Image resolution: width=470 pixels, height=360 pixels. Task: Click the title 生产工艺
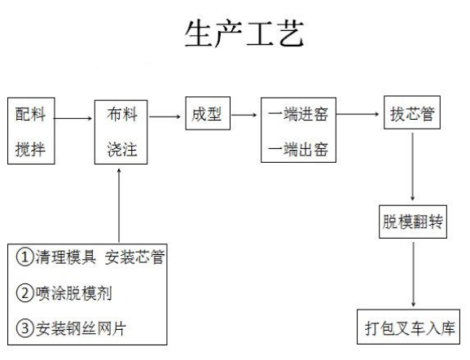tap(244, 33)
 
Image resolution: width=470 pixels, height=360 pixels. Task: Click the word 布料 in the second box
tap(121, 115)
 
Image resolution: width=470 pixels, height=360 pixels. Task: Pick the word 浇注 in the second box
tap(121, 152)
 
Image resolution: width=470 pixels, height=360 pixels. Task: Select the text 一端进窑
tap(297, 116)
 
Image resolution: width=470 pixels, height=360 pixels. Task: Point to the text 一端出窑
tap(297, 151)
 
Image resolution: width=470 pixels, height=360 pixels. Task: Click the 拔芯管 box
tap(414, 115)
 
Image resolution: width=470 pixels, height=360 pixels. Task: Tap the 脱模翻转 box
tap(414, 222)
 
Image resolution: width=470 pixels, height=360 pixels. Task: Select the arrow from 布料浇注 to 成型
tap(165, 116)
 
